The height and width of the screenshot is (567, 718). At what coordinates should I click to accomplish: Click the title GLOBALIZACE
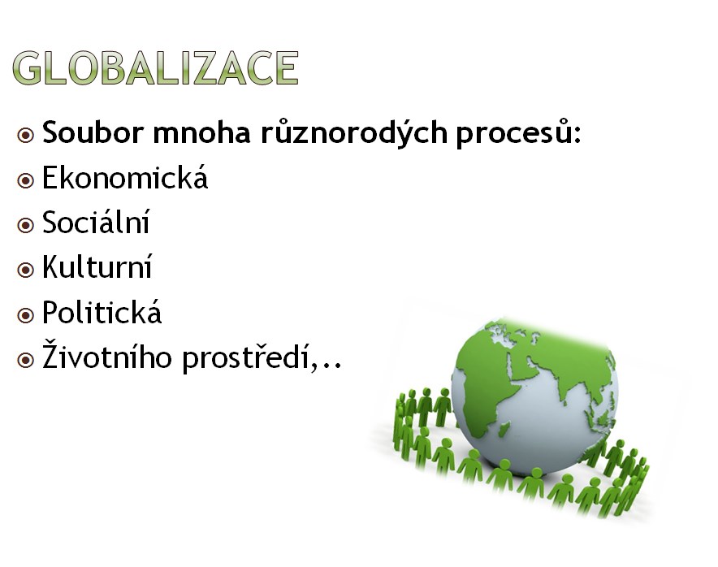click(x=156, y=67)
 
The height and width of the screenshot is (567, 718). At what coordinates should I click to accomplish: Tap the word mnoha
click(x=202, y=132)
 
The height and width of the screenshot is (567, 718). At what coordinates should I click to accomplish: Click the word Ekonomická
click(x=125, y=177)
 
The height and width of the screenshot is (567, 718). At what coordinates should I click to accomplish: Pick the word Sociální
click(x=96, y=222)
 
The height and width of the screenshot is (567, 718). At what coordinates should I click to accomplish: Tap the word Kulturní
click(x=97, y=266)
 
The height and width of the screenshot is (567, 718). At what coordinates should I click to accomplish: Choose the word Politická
click(x=102, y=312)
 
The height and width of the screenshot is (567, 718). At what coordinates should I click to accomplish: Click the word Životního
click(x=107, y=356)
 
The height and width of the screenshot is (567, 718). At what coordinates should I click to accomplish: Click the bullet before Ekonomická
click(x=26, y=180)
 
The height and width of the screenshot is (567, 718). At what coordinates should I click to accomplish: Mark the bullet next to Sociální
click(x=26, y=225)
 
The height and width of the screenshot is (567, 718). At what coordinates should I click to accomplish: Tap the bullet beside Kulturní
click(x=26, y=270)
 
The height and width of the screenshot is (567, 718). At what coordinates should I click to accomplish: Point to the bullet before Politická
click(x=26, y=315)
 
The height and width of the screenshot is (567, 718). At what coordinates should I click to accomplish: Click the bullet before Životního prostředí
click(x=26, y=360)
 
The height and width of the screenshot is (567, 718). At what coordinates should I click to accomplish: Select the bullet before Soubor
click(x=26, y=136)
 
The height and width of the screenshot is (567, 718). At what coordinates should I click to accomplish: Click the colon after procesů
click(x=577, y=135)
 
